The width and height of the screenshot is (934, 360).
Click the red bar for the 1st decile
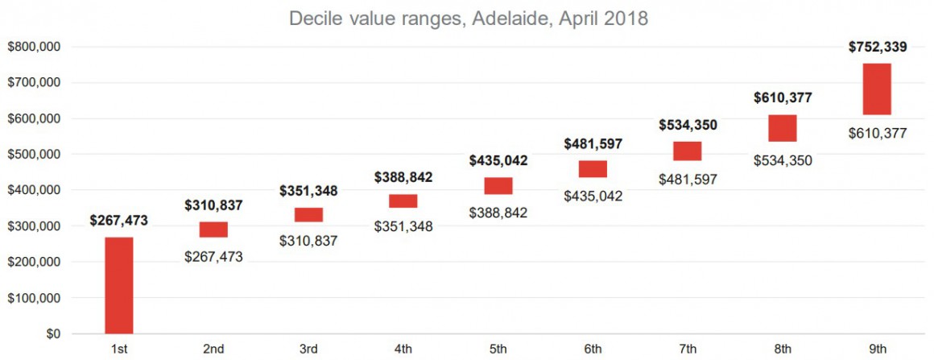click(118, 285)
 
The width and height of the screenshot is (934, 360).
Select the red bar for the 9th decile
click(877, 89)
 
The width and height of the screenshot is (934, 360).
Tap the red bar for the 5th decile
click(498, 186)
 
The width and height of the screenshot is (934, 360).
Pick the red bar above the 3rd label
click(308, 214)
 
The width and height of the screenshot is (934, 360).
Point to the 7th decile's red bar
click(688, 151)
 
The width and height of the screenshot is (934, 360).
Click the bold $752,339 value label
click(877, 47)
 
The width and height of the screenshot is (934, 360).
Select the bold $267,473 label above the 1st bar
click(118, 221)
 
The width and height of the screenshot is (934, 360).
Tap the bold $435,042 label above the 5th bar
click(498, 160)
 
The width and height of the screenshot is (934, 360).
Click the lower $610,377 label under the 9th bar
click(877, 133)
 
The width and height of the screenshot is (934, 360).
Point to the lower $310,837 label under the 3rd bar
click(308, 240)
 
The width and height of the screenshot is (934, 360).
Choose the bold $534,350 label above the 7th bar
click(688, 125)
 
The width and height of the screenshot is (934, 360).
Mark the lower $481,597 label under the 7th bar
click(688, 178)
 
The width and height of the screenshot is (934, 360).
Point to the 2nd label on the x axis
click(213, 349)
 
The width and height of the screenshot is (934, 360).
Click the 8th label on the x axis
click(783, 349)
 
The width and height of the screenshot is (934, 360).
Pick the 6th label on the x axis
click(593, 349)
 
